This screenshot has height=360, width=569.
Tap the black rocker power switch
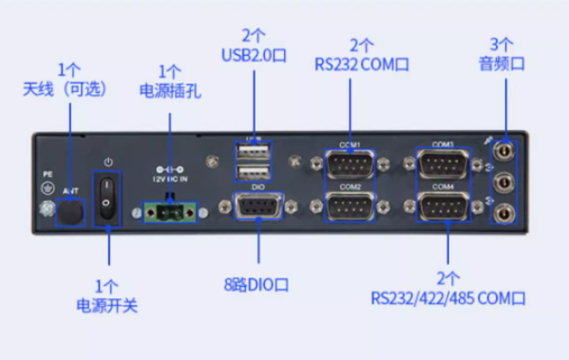107,196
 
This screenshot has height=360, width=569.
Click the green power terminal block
171,211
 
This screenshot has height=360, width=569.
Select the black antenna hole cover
69,211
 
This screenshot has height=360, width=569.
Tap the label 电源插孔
170,90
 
